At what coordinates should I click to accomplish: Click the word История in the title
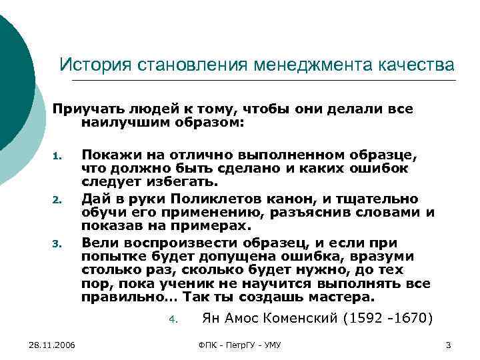[95, 65]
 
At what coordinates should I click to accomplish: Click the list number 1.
[57, 158]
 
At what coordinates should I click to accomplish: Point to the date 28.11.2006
[53, 344]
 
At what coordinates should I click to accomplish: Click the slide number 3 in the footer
[448, 344]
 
